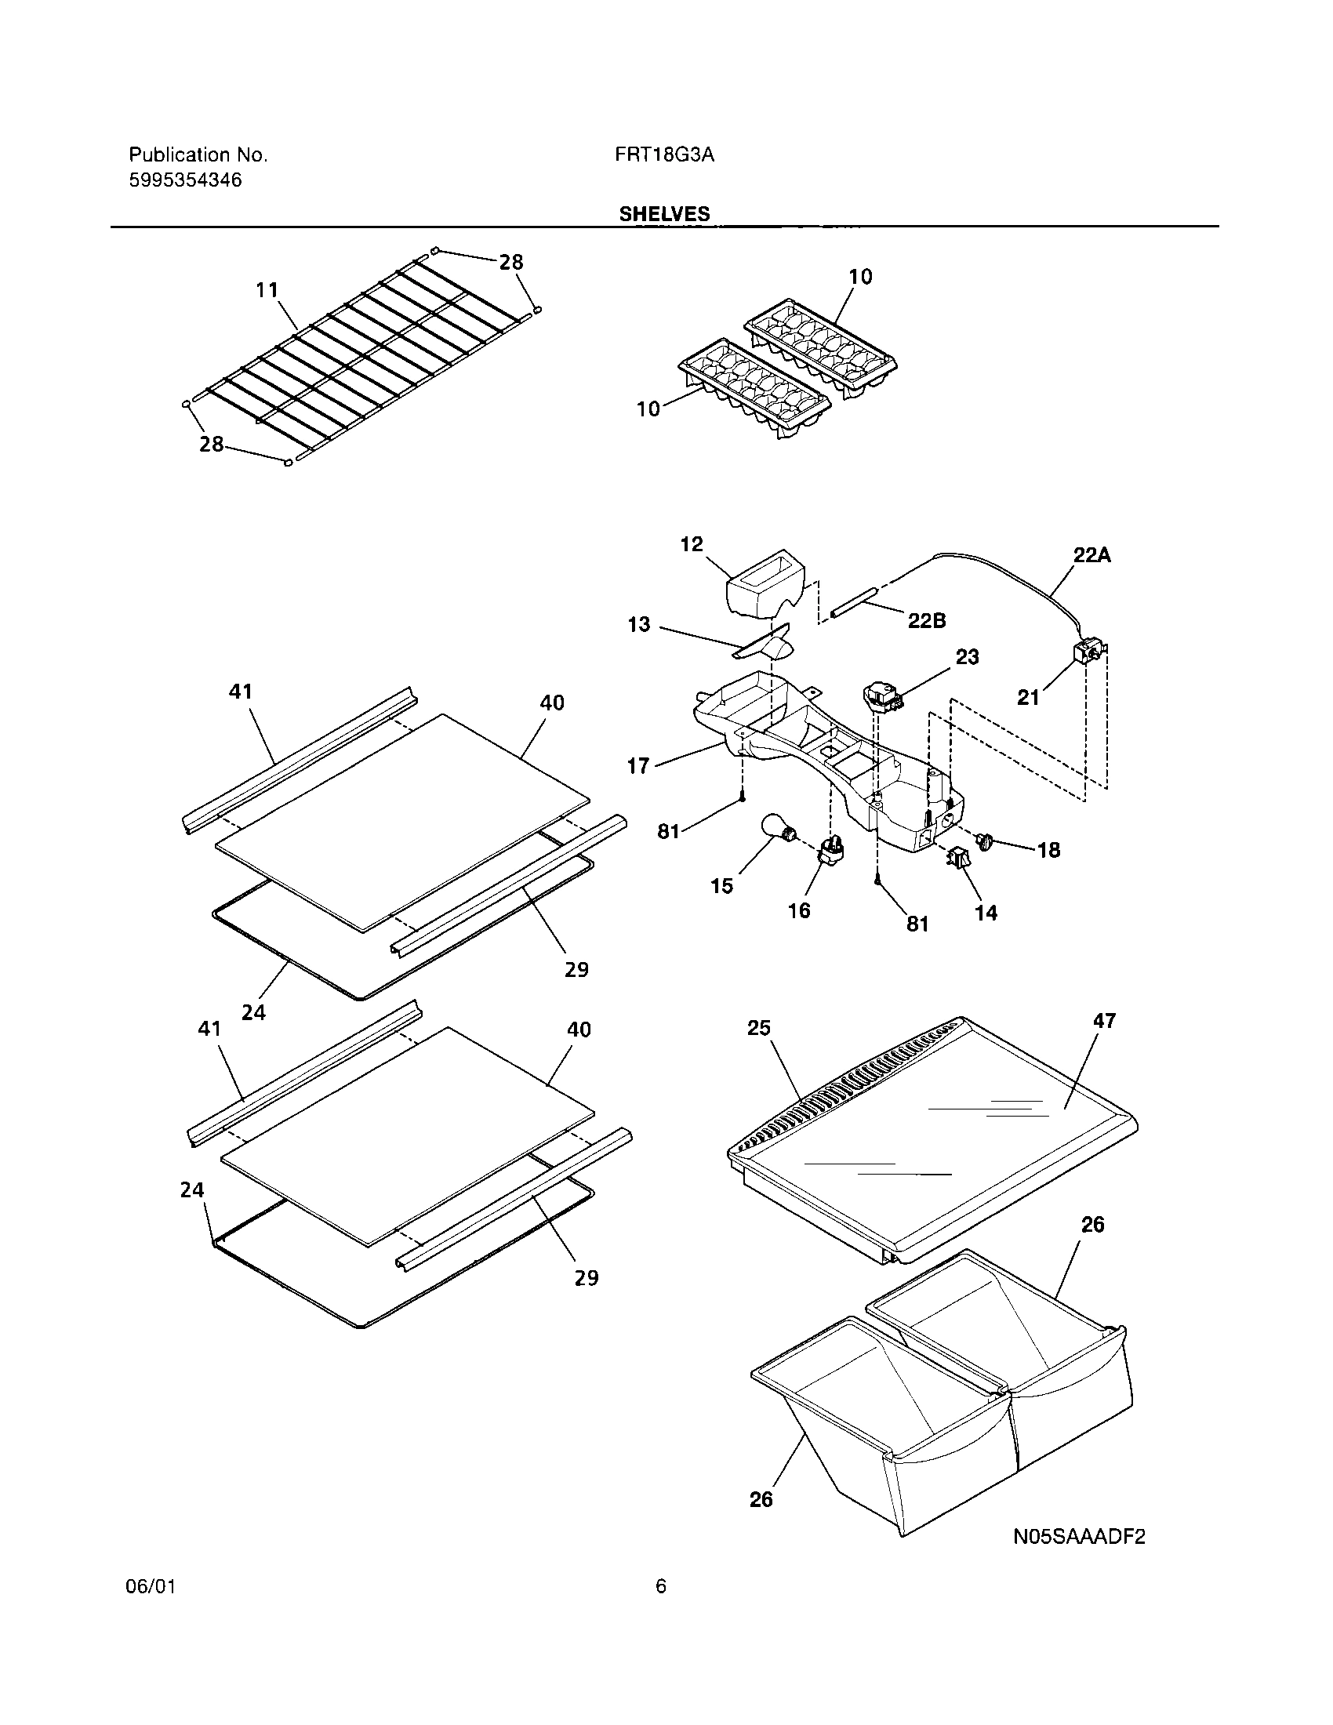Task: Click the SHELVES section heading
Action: tap(664, 214)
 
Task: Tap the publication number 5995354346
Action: tap(185, 180)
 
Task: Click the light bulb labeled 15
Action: tap(777, 829)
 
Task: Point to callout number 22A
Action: tap(1091, 555)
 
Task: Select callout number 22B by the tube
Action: tap(926, 621)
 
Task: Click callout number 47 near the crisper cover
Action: tap(1104, 1020)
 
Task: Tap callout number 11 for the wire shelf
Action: tap(267, 290)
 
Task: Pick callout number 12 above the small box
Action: tap(691, 544)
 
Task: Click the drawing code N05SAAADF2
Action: tap(1079, 1536)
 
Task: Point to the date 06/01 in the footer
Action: tap(150, 1609)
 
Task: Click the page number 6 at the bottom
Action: tap(661, 1609)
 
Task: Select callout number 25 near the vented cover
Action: tap(759, 1028)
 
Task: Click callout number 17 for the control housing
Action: tap(638, 764)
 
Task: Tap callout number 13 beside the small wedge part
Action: tap(638, 625)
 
